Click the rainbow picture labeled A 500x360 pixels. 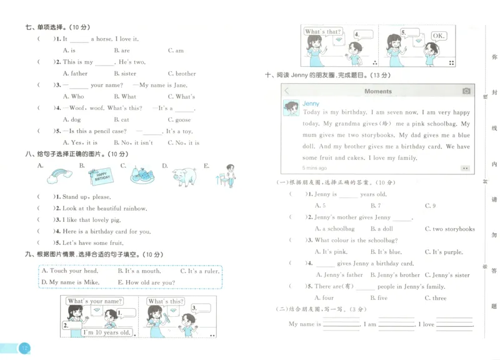(x=59, y=176)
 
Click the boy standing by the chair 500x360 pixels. (x=227, y=176)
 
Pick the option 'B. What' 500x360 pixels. (x=125, y=97)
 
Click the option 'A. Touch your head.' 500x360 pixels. (x=69, y=271)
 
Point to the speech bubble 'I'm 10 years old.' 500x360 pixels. (x=107, y=332)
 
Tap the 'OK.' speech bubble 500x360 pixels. (x=439, y=36)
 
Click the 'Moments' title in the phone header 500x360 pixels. (x=378, y=91)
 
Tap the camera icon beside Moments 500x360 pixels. (x=466, y=91)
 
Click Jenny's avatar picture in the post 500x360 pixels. (x=291, y=108)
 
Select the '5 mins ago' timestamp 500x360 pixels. (x=314, y=168)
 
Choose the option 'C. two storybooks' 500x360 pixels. (x=449, y=229)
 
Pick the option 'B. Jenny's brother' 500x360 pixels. (x=395, y=275)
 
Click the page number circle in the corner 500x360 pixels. (x=24, y=348)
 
